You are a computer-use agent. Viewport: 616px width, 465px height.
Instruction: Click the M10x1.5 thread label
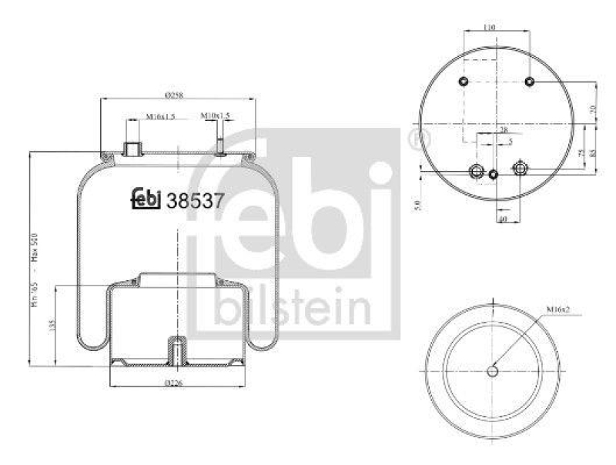pyautogui.click(x=216, y=115)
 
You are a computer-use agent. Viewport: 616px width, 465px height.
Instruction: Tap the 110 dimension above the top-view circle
pyautogui.click(x=488, y=27)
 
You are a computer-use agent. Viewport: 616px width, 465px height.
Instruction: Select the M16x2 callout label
pyautogui.click(x=558, y=309)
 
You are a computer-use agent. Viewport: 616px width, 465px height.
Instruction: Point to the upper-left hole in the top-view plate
pyautogui.click(x=463, y=82)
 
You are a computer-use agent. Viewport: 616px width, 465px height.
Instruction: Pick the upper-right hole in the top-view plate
pyautogui.click(x=530, y=82)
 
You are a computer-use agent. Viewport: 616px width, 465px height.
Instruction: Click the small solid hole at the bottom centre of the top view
pyautogui.click(x=494, y=175)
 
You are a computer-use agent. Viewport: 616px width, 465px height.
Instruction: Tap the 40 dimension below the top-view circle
pyautogui.click(x=502, y=220)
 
